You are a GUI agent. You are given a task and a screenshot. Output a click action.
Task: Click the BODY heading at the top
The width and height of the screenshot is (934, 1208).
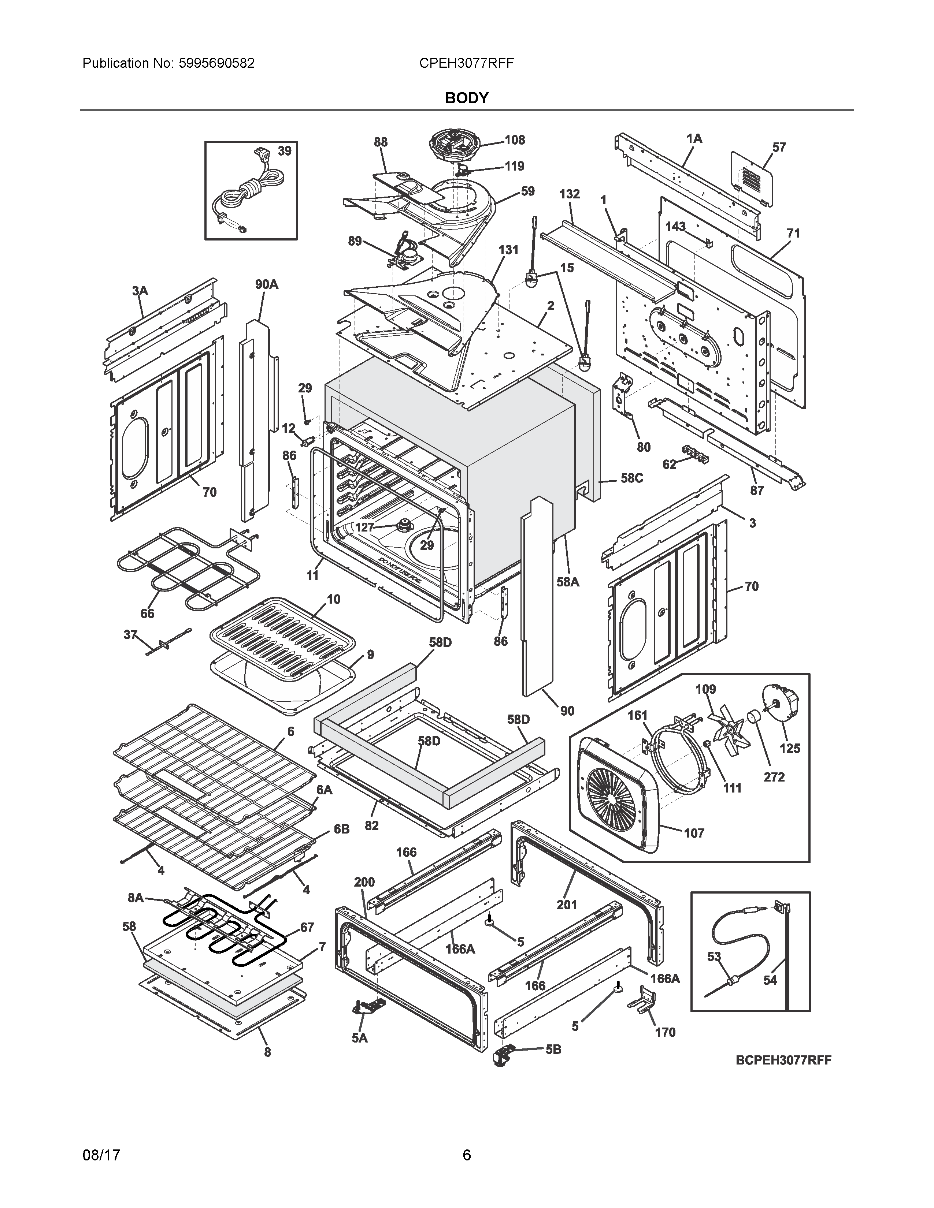[466, 98]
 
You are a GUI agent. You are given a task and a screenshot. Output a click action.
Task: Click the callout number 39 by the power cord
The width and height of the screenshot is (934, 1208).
[284, 151]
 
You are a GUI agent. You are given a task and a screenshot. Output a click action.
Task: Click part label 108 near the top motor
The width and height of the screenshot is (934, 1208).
[515, 140]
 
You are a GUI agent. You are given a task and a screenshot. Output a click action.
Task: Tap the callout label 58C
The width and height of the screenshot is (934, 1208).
[631, 478]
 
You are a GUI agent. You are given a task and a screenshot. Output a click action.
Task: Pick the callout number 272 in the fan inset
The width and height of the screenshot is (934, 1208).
[774, 776]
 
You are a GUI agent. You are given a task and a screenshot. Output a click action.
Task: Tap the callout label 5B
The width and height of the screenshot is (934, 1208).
[553, 1049]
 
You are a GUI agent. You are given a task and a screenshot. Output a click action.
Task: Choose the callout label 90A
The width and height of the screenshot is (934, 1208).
[266, 284]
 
